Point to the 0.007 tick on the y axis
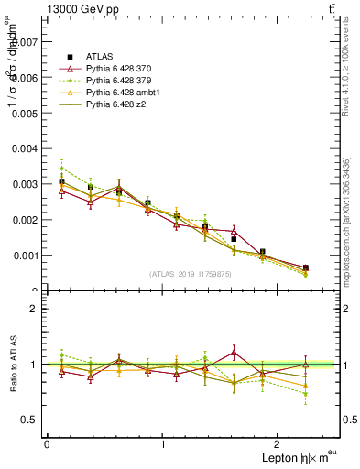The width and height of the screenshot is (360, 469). click(27, 42)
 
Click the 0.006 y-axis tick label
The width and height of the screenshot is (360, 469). click(27, 78)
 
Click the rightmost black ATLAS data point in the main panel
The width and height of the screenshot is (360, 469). click(305, 267)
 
